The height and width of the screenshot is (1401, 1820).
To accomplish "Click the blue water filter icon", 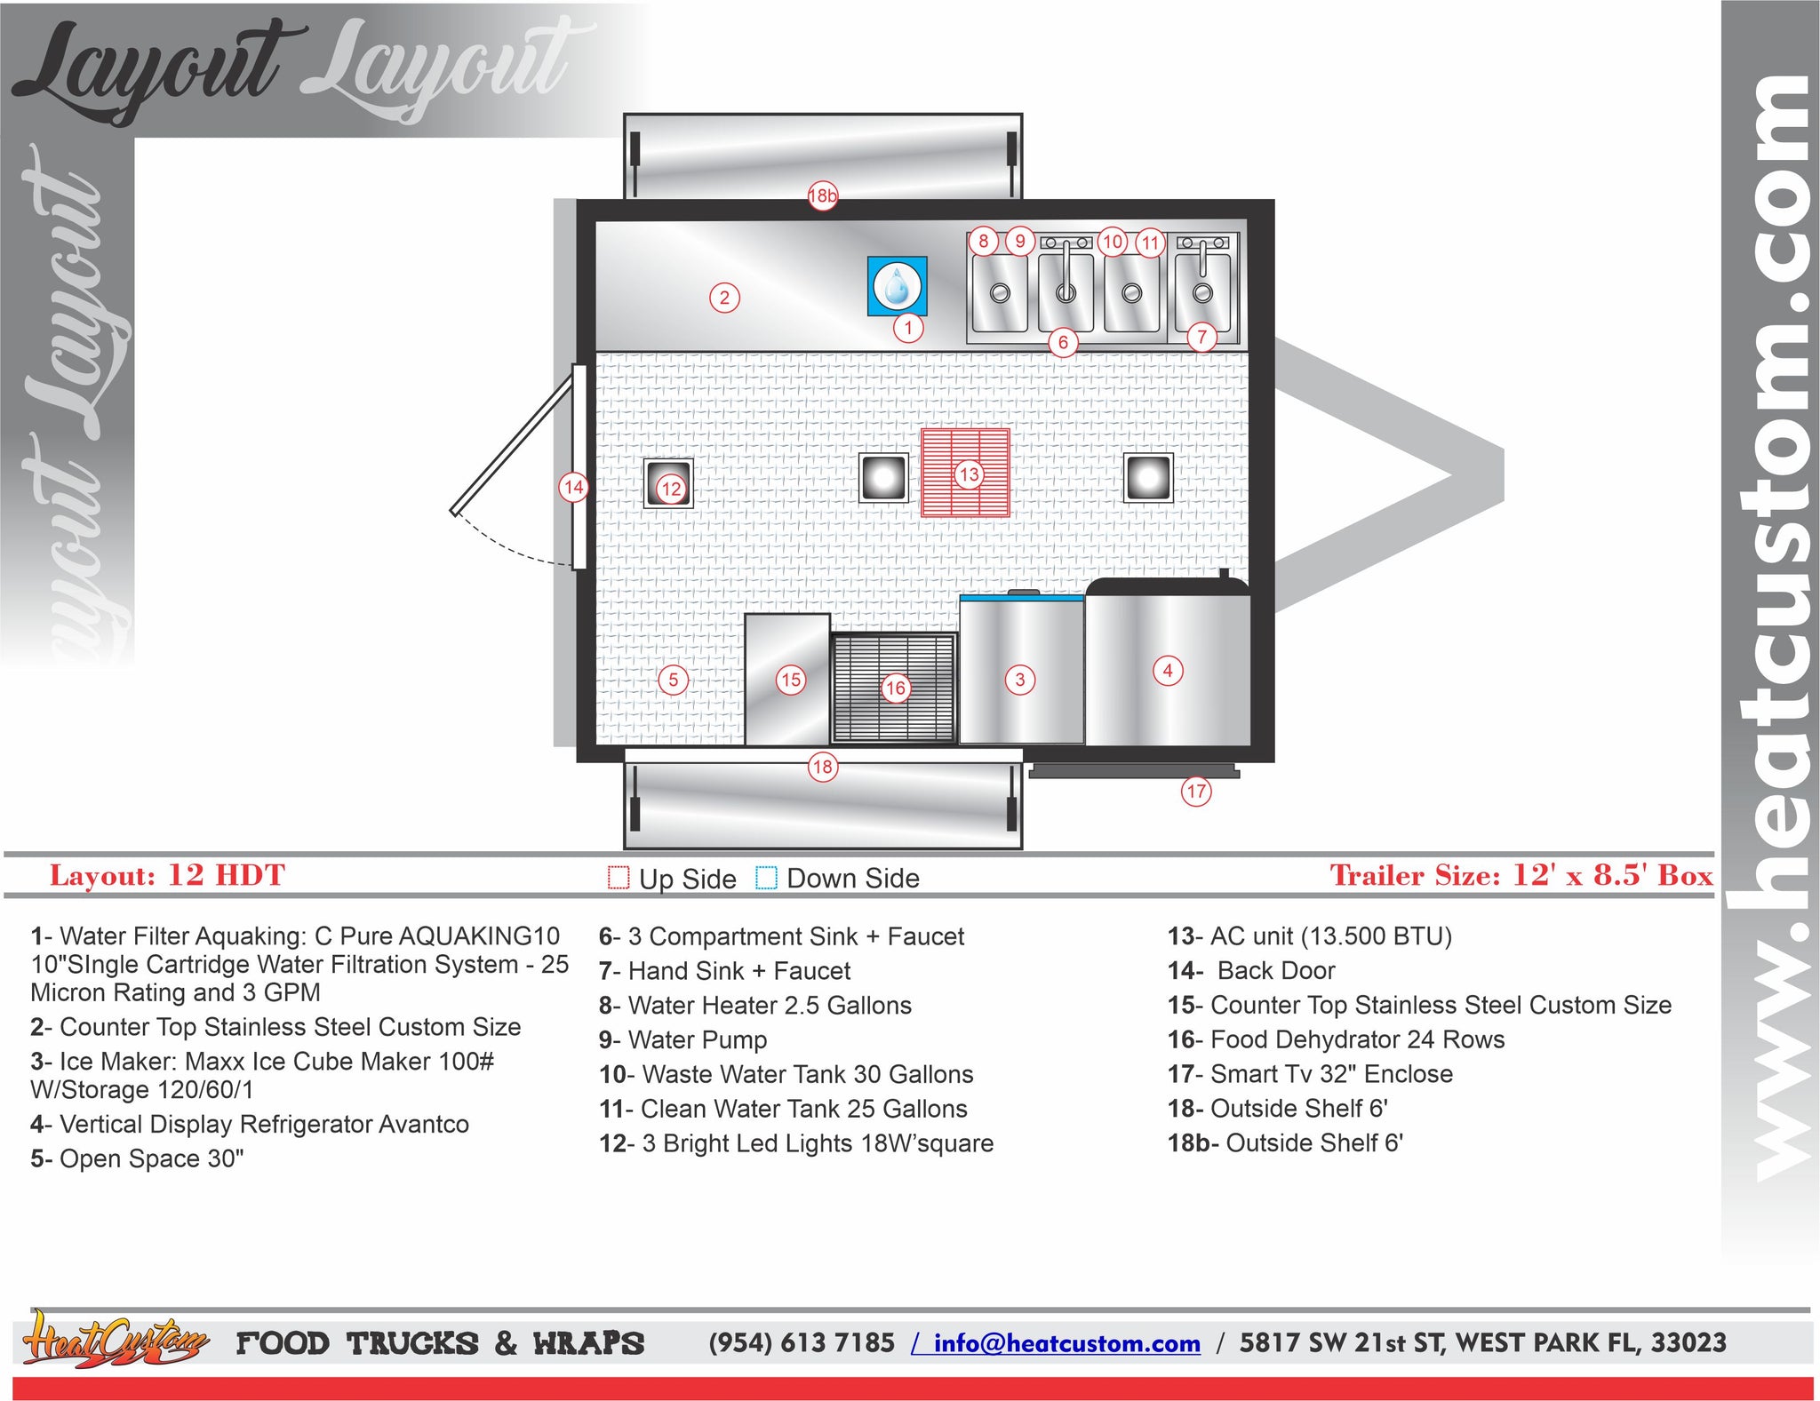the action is point(897,286).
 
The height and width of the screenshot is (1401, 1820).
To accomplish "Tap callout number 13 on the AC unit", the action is point(969,474).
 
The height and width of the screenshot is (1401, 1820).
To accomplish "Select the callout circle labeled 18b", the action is point(823,195).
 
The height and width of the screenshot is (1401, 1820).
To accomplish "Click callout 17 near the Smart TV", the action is point(1196,791).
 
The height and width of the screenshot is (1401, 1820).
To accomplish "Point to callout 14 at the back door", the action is point(573,487).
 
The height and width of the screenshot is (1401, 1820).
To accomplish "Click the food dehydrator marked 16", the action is point(894,689).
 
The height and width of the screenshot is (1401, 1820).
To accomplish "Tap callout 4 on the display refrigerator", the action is point(1168,671).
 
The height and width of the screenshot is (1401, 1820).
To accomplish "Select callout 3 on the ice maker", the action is point(1019,680).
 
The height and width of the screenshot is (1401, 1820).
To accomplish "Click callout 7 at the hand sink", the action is point(1201,338).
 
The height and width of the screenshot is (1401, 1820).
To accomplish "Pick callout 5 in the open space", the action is point(673,680).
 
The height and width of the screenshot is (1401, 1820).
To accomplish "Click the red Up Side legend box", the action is point(619,878).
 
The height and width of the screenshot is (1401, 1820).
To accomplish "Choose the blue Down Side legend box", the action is point(766,878).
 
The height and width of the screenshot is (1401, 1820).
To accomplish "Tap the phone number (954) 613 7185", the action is point(802,1342).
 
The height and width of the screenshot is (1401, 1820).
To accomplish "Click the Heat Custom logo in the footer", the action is point(116,1340).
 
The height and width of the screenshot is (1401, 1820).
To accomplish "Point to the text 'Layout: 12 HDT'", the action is point(167,875).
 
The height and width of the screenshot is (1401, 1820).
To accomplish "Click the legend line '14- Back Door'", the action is point(1251,970).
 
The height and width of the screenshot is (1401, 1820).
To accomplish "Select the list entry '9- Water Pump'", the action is point(682,1039).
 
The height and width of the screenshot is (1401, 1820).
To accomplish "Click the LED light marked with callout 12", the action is point(668,483).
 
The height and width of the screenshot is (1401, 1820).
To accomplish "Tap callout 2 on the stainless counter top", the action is point(724,298).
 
